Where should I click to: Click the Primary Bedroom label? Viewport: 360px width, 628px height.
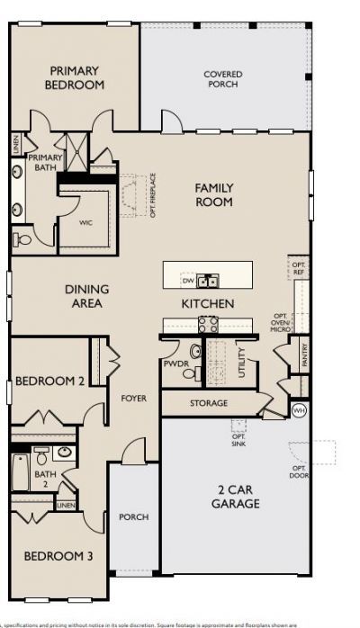point(76,77)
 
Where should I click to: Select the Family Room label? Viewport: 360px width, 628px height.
point(214,195)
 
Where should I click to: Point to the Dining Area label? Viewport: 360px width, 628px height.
point(87,296)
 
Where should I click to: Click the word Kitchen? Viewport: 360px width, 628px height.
point(208,304)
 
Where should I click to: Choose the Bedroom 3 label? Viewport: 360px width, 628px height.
point(58,556)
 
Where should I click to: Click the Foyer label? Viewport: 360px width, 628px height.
point(133,398)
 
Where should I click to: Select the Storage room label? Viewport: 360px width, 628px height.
point(208,403)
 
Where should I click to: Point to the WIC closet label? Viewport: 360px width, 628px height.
point(85,221)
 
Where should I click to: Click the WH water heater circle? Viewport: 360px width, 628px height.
point(299,410)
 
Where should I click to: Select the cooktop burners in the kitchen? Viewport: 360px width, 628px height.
point(208,325)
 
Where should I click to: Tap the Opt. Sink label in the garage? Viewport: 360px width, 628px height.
point(238,440)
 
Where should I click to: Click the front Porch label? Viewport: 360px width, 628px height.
point(133,516)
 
